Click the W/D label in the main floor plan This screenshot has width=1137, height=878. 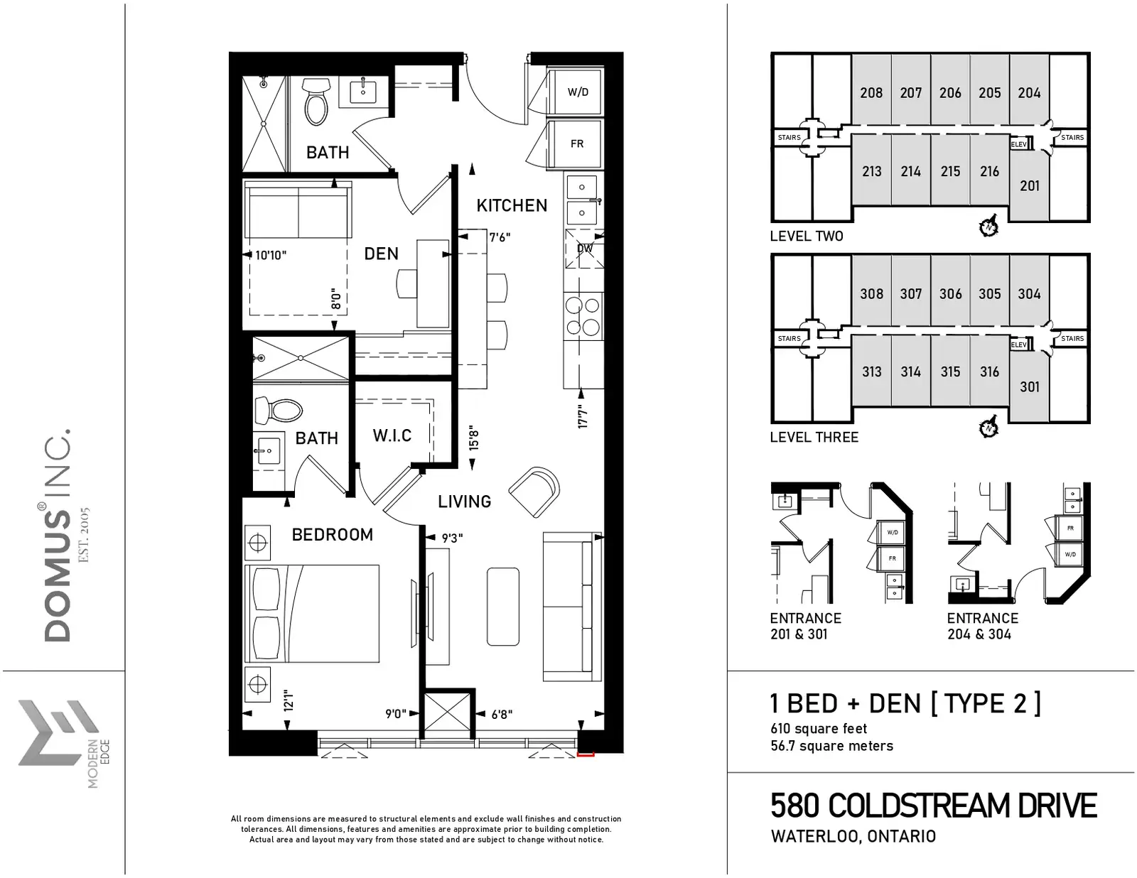click(x=578, y=92)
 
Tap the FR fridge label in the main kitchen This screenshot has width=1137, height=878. click(x=576, y=143)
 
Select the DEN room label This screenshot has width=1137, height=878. click(x=381, y=254)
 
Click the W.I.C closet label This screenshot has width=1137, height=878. click(x=392, y=435)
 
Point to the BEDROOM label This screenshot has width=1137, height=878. click(x=333, y=534)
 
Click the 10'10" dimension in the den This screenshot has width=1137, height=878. click(x=271, y=255)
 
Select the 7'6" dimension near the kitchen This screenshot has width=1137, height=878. click(x=500, y=237)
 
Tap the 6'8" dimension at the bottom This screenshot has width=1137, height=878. click(x=502, y=715)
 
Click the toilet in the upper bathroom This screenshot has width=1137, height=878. click(x=316, y=102)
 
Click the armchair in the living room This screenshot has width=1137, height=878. click(x=534, y=492)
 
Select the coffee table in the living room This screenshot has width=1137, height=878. click(x=503, y=607)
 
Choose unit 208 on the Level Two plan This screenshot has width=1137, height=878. click(x=871, y=93)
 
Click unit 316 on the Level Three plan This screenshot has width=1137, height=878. click(x=989, y=372)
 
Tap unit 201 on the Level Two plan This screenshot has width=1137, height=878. click(x=1029, y=185)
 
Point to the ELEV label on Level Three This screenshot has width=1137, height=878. click(x=1018, y=345)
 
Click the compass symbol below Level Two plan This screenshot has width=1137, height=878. click(x=988, y=226)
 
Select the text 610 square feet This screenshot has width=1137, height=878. click(x=819, y=728)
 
